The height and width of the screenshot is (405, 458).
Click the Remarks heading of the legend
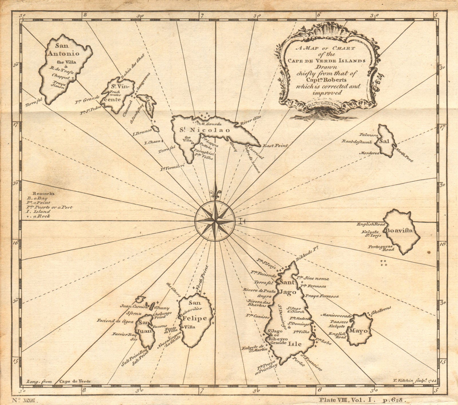click(x=43, y=193)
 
